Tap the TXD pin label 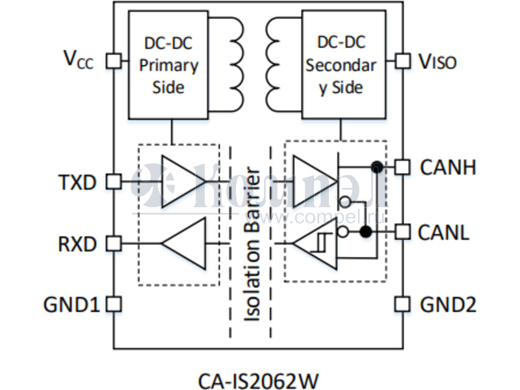click(77, 182)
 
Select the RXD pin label click(77, 244)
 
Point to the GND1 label click(71, 304)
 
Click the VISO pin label click(437, 62)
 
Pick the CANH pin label click(448, 168)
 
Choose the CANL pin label click(444, 232)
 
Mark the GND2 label click(448, 304)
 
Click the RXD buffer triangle click(185, 244)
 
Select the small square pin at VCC click(114, 60)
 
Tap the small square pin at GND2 click(403, 304)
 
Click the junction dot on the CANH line click(376, 168)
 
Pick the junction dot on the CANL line click(366, 231)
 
